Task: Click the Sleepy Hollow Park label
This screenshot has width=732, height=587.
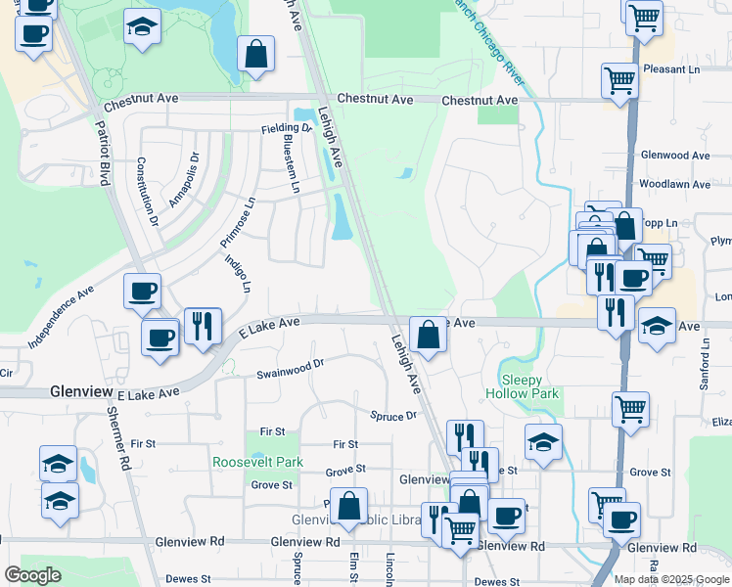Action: click(529, 386)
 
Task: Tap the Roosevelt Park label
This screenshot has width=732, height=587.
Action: click(259, 462)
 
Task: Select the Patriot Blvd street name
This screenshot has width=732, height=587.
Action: click(102, 154)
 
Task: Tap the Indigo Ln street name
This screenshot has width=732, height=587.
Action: click(238, 274)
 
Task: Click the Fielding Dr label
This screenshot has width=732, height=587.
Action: click(286, 129)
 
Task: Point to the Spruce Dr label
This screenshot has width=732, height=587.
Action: click(393, 416)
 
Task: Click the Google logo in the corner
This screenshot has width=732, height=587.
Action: click(32, 575)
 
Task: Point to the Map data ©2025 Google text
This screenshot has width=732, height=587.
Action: click(670, 579)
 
